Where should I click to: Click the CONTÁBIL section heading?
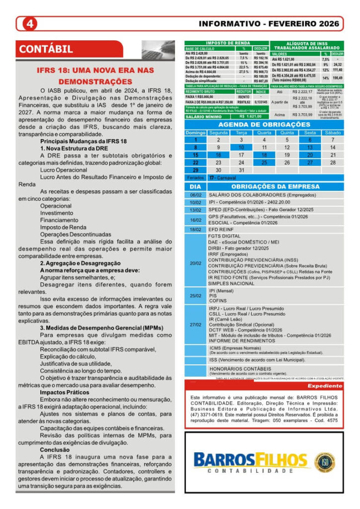(46, 49)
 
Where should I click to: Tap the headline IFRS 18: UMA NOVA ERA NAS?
(95, 70)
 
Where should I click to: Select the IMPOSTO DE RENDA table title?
(226, 44)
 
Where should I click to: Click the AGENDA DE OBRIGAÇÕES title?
(264, 124)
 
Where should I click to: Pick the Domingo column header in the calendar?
(195, 133)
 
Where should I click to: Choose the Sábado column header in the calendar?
(333, 133)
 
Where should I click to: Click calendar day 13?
(310, 148)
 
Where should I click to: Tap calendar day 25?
(264, 163)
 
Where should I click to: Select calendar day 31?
(241, 170)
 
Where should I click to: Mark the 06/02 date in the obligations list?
(195, 195)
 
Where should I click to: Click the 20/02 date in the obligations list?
(195, 263)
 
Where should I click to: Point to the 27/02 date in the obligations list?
(195, 325)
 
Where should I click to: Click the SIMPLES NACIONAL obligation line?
(224, 283)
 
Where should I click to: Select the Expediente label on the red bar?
(325, 386)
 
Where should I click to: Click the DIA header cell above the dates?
(195, 186)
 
